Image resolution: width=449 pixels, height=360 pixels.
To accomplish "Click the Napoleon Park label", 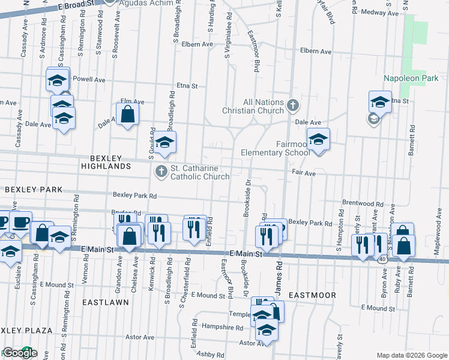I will pyautogui.click(x=411, y=79).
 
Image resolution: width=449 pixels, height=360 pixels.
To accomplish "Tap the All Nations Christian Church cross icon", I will pyautogui.click(x=293, y=106).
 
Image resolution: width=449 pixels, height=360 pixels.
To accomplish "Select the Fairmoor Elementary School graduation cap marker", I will pyautogui.click(x=319, y=140).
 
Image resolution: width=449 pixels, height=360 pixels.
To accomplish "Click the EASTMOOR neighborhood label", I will pyautogui.click(x=312, y=296).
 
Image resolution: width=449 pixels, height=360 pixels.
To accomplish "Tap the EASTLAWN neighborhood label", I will pyautogui.click(x=106, y=302).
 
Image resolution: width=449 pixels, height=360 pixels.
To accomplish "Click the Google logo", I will pyautogui.click(x=19, y=353).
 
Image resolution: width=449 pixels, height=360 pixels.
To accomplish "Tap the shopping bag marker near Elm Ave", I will pyautogui.click(x=128, y=114).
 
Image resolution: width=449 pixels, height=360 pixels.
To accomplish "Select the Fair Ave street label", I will pyautogui.click(x=304, y=173).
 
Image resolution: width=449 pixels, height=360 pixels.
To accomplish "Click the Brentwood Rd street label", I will pyautogui.click(x=362, y=203).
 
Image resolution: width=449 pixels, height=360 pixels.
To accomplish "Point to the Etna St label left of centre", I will pyautogui.click(x=187, y=86).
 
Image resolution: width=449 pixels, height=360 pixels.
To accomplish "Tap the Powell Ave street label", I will pyautogui.click(x=88, y=79).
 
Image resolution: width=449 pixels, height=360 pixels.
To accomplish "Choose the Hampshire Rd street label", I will pyautogui.click(x=223, y=328).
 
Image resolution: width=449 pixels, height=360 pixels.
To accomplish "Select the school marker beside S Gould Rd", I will pyautogui.click(x=164, y=142).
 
